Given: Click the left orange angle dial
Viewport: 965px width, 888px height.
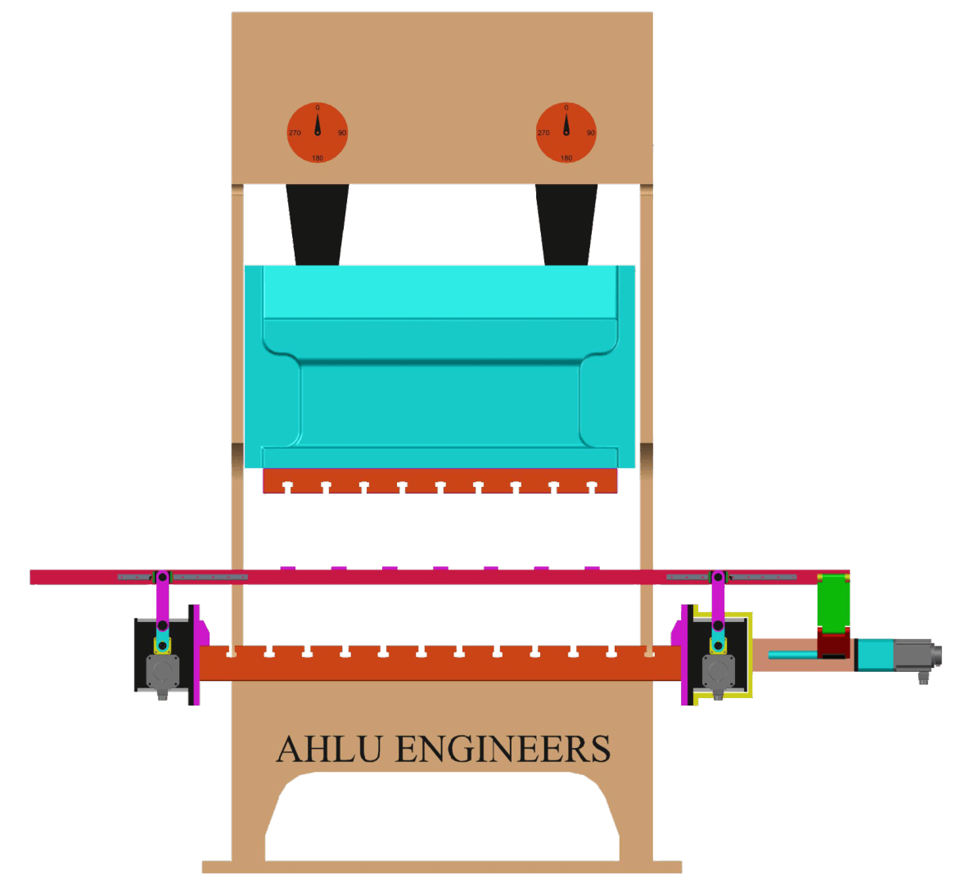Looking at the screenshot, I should [x=318, y=133].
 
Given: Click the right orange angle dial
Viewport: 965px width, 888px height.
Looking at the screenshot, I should [x=566, y=133].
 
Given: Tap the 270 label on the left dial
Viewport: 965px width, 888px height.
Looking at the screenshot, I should [x=295, y=133].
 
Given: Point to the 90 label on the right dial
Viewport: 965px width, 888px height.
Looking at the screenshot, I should [x=590, y=133].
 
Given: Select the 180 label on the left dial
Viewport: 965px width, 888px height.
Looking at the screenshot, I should [x=318, y=158].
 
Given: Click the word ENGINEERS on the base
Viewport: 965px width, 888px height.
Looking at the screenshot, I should [x=503, y=749].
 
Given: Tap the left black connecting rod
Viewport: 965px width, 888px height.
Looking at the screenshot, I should [x=318, y=223].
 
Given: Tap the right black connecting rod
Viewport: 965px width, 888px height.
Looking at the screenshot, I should [x=566, y=223].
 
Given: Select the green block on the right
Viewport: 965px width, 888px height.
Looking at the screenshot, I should [x=834, y=602].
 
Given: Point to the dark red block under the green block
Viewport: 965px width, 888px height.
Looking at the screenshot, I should [x=834, y=643].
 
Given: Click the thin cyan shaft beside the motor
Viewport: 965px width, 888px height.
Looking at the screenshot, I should [x=792, y=654].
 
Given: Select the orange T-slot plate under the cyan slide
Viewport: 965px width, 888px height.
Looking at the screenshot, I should [x=440, y=482].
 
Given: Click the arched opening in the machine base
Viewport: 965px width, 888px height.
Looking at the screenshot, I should [x=442, y=818].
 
